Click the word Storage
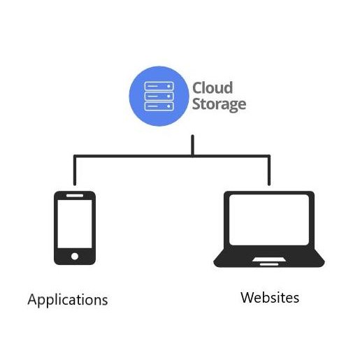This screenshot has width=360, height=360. pyautogui.click(x=219, y=105)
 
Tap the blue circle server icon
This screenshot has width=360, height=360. pyautogui.click(x=159, y=96)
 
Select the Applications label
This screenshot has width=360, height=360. pyautogui.click(x=68, y=300)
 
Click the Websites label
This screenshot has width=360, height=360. pyautogui.click(x=270, y=297)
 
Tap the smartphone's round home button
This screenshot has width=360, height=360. pyautogui.click(x=75, y=257)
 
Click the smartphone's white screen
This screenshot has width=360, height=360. pyautogui.click(x=75, y=224)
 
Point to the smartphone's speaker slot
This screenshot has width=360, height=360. pyautogui.click(x=75, y=195)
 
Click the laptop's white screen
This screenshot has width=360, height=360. pyautogui.click(x=269, y=219)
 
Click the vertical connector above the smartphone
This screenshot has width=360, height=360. pyautogui.click(x=75, y=171)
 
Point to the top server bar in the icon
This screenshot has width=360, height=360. pyautogui.click(x=159, y=86)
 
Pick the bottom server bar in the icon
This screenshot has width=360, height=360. pyautogui.click(x=159, y=106)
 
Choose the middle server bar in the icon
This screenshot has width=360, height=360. pyautogui.click(x=159, y=96)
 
